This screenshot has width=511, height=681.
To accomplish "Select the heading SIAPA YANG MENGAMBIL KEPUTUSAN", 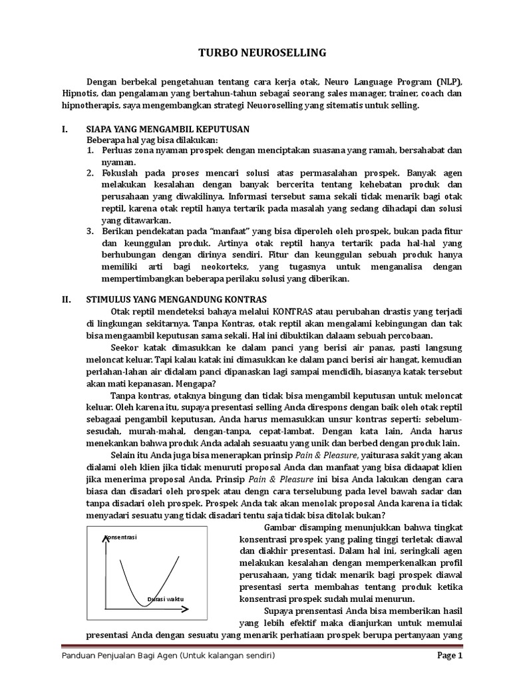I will [168, 129].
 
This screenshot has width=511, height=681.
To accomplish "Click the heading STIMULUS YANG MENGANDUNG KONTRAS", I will [177, 299].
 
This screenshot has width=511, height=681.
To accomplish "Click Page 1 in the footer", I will [449, 655].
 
